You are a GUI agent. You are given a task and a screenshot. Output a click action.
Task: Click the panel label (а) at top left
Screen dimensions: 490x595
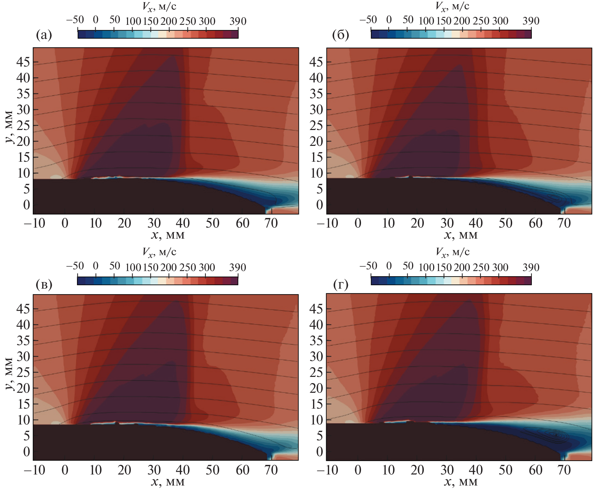pyautogui.click(x=44, y=35)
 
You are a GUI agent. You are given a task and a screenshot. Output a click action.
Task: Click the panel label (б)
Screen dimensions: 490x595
pyautogui.click(x=340, y=35)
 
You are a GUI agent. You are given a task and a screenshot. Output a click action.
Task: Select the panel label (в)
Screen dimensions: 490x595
pyautogui.click(x=44, y=284)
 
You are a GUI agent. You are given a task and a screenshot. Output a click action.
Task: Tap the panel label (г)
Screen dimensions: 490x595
pyautogui.click(x=341, y=284)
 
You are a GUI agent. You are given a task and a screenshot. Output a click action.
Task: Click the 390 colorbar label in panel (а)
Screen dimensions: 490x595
pyautogui.click(x=238, y=21)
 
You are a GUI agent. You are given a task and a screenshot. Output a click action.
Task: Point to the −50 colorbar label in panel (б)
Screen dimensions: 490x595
pyautogui.click(x=368, y=20)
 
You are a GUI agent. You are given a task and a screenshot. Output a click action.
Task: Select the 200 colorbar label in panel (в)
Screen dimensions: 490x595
pyautogui.click(x=168, y=267)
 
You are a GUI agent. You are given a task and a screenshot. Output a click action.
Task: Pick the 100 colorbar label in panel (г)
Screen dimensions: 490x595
pyautogui.click(x=426, y=267)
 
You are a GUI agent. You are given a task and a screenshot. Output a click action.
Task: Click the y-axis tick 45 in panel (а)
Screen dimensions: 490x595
pyautogui.click(x=23, y=62)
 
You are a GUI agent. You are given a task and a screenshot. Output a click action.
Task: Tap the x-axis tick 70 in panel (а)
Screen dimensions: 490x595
pyautogui.click(x=271, y=223)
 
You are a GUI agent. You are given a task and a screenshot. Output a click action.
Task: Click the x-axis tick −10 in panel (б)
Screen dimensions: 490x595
pyautogui.click(x=327, y=223)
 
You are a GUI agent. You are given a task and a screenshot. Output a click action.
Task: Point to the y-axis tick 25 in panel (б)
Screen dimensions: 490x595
pyautogui.click(x=316, y=126)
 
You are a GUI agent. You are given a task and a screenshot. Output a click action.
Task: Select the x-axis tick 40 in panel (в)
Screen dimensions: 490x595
pyautogui.click(x=183, y=470)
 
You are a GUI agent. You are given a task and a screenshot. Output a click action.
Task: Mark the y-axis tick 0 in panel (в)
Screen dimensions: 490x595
pyautogui.click(x=26, y=451)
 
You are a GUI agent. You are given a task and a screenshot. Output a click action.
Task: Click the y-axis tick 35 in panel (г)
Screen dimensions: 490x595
pyautogui.click(x=316, y=341)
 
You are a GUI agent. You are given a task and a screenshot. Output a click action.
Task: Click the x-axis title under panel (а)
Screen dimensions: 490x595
pyautogui.click(x=168, y=235)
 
